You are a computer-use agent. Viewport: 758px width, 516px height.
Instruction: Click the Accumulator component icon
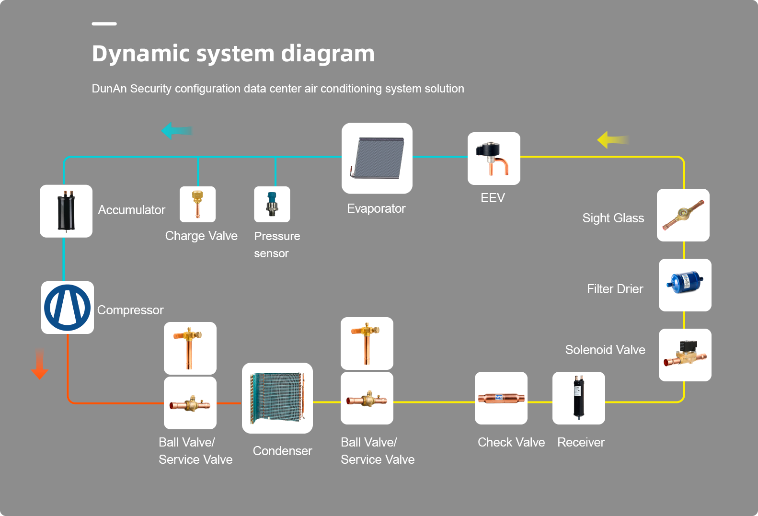pos(66,211)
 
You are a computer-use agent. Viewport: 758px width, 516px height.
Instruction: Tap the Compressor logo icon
pos(68,308)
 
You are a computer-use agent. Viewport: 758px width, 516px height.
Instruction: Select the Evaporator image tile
pos(377,158)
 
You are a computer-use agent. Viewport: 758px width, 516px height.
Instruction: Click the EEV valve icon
pos(494,159)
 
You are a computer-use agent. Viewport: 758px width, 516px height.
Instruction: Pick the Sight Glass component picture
pos(683,215)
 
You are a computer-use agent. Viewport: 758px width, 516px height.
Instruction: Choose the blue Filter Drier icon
pos(685,285)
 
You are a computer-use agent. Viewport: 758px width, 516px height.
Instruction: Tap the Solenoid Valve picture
pos(685,355)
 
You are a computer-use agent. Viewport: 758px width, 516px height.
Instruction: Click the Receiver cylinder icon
pos(578,398)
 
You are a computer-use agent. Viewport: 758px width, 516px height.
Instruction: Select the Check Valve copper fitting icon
pos(501,398)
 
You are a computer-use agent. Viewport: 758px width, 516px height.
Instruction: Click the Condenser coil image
pos(277,398)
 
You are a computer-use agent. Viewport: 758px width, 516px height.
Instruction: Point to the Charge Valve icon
pos(197,204)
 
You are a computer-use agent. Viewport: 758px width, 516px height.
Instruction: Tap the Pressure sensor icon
pos(272,204)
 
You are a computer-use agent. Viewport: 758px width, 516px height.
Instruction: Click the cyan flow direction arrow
pos(177,131)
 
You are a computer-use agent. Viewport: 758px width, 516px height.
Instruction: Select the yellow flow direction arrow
pos(613,140)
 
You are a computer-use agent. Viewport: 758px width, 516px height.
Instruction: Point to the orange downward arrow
pos(40,364)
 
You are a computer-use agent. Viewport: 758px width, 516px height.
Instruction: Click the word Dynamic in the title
pos(141,54)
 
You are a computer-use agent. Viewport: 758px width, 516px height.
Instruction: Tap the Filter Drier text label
pos(615,289)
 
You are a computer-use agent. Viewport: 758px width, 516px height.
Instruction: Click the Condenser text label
pos(282,451)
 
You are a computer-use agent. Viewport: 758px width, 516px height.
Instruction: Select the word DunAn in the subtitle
pos(109,89)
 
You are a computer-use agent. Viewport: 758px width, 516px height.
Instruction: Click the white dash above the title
pos(104,23)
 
